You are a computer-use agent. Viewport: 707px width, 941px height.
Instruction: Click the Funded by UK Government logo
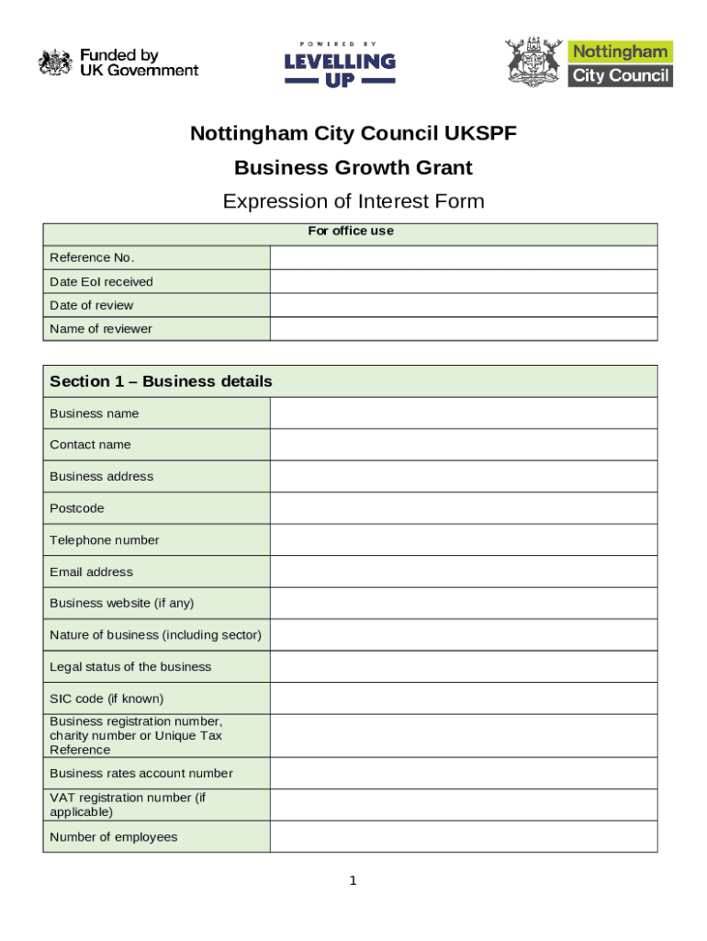tap(118, 62)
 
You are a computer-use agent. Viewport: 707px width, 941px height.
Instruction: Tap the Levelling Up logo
tap(340, 64)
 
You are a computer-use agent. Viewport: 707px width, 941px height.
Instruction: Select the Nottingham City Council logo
tap(589, 62)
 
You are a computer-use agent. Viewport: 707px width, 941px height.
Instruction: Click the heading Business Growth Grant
tap(353, 167)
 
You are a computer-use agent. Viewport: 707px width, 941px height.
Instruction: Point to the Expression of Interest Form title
tap(353, 201)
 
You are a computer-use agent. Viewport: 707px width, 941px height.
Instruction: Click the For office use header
tap(351, 231)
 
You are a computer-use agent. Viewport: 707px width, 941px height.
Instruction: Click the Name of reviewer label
tap(101, 329)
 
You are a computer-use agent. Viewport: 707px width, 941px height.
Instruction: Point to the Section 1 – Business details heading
tap(161, 381)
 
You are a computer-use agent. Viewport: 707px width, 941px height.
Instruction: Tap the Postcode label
tap(77, 508)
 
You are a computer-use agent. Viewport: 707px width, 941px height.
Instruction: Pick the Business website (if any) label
tap(122, 603)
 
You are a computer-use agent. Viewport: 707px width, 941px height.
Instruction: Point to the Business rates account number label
tap(141, 773)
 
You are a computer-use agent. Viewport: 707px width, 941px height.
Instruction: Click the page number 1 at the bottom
tap(353, 882)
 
